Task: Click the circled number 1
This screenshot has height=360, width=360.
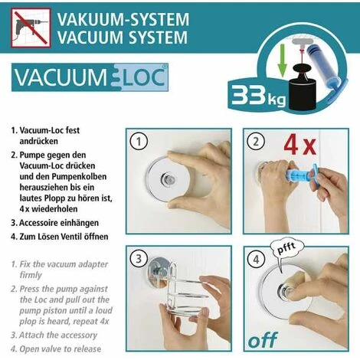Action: (139, 141)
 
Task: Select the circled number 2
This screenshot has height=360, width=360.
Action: (257, 141)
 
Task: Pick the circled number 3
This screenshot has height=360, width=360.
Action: (139, 258)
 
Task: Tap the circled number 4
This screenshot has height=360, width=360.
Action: (257, 258)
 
